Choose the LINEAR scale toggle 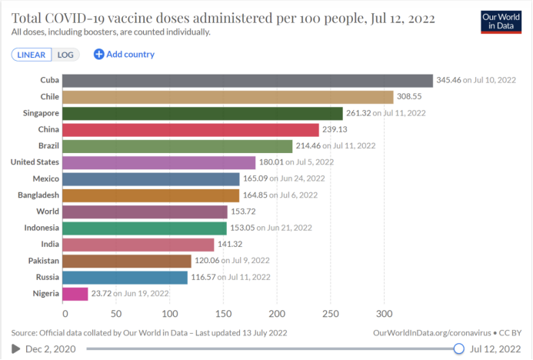pyautogui.click(x=32, y=55)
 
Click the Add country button pyautogui.click(x=124, y=55)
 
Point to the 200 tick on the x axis pyautogui.click(x=278, y=314)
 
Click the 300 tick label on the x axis pyautogui.click(x=384, y=314)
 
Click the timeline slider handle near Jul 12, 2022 pyautogui.click(x=459, y=348)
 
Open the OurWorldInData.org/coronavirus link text pyautogui.click(x=431, y=332)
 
